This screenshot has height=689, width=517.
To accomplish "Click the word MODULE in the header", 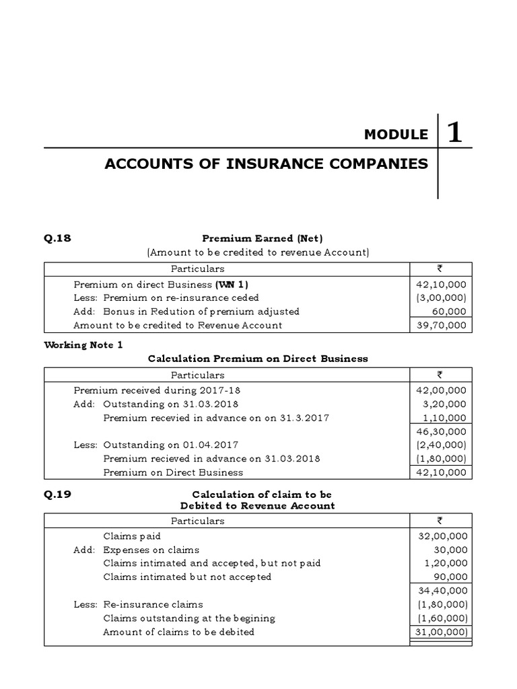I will pos(395,135).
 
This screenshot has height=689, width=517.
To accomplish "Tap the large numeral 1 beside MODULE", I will pos(454,133).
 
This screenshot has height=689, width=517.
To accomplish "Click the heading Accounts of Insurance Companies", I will pos(266,164).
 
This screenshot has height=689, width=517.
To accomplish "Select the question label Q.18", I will pos(57,238).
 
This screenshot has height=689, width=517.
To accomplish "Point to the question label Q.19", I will pos(57,495).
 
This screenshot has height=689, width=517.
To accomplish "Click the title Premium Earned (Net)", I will pos(258,238).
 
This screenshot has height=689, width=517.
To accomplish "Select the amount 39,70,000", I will pos(442,325).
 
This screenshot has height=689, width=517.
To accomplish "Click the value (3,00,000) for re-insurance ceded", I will pos(441,297).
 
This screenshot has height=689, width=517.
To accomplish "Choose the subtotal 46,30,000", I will pos(442,431).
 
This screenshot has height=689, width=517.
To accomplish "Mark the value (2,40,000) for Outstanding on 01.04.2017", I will pos(441,445).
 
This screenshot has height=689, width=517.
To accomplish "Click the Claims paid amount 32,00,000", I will pos(442,536).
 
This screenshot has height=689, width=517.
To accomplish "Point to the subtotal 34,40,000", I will pos(442,591).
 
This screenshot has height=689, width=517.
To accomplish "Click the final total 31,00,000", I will pos(442,632).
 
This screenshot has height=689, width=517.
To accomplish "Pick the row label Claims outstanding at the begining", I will pos(188,618).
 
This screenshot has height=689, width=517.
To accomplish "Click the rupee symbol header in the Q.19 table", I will pos(440,521).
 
